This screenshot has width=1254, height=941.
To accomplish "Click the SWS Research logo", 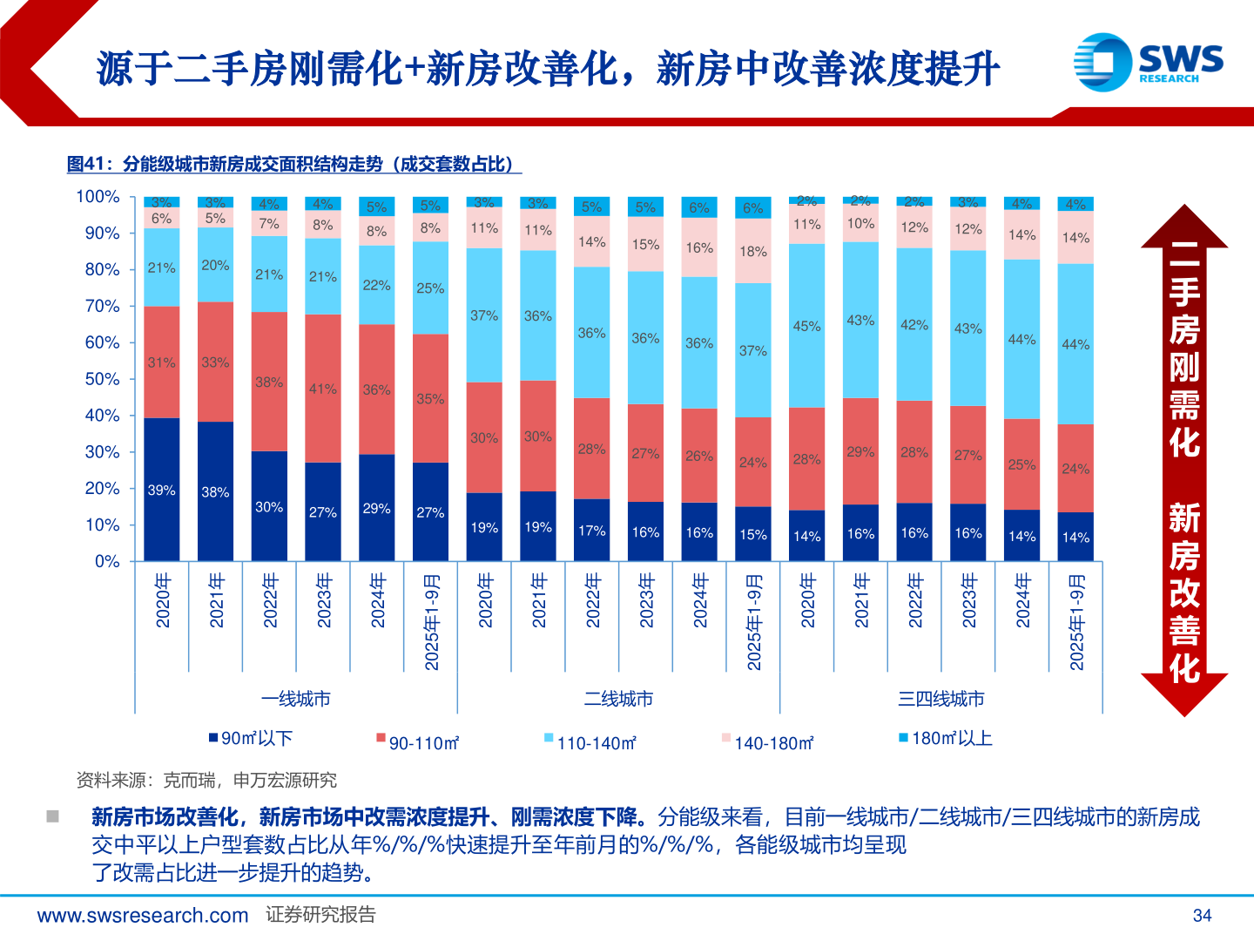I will (1148, 62).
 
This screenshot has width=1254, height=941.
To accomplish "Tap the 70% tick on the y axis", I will (102, 306).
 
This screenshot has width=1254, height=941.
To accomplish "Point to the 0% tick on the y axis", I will (107, 561).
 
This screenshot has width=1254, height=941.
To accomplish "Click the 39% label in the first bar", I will (161, 491).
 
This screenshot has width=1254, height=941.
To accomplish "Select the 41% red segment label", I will (322, 389).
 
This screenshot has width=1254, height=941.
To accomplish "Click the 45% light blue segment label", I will (806, 326).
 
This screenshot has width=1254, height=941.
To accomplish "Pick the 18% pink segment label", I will (753, 251).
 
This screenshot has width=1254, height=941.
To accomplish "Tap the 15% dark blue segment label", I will (753, 534).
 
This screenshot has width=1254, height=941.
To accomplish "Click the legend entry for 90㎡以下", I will (250, 738).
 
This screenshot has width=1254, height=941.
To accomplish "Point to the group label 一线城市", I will (296, 699).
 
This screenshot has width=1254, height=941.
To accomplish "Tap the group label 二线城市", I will (618, 699).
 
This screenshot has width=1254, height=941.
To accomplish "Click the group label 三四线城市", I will (940, 699).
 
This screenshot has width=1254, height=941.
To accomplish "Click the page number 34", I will (1202, 915).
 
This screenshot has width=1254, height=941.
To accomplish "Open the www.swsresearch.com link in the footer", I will (143, 915).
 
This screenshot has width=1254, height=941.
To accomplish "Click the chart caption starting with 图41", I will (294, 164).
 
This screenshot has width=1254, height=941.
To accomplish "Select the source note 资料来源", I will (206, 780).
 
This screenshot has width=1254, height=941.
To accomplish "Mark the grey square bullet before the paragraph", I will (53, 816).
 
